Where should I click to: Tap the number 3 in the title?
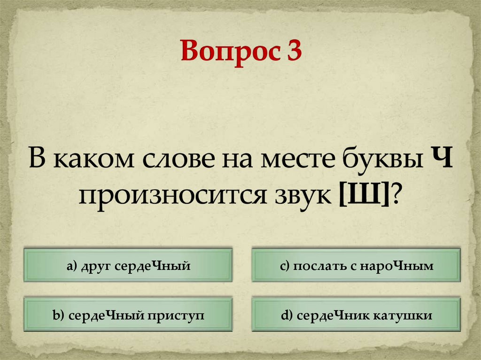[291, 52]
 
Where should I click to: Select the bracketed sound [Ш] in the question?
[364, 193]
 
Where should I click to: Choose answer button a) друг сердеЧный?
[128, 266]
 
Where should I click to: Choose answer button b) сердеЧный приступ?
[128, 315]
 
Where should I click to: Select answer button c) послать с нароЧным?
[356, 266]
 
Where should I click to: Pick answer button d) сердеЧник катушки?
[356, 315]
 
